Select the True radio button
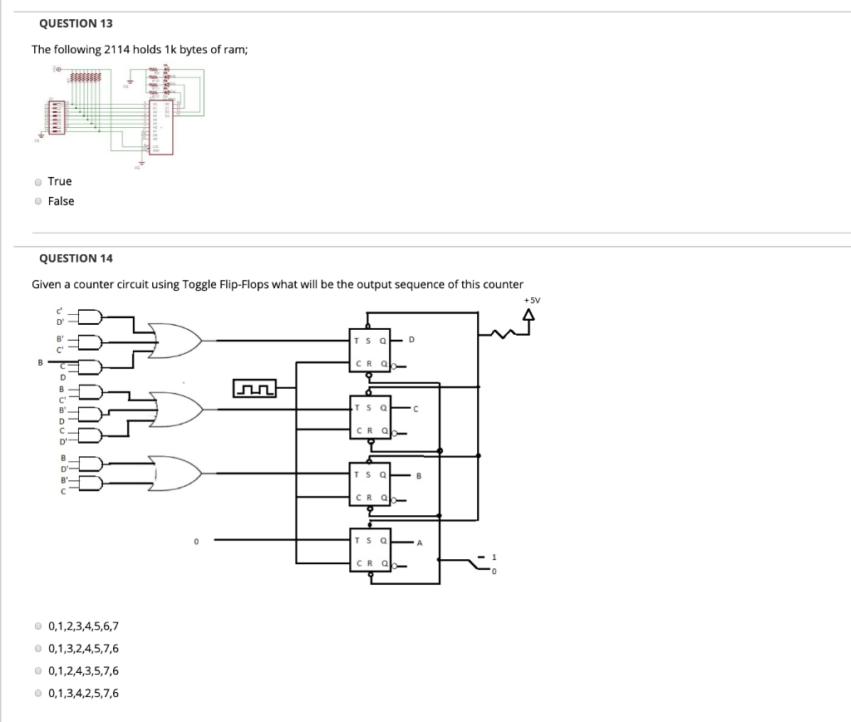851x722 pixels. (38, 181)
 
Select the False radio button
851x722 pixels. (38, 201)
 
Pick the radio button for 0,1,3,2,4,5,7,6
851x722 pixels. (38, 649)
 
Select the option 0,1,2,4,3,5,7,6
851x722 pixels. (38, 671)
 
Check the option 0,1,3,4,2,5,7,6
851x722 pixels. (38, 693)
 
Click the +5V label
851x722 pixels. (532, 301)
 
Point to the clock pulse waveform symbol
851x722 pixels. (254, 388)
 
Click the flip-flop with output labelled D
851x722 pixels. (370, 351)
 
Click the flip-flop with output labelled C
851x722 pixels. (370, 418)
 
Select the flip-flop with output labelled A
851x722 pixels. (370, 551)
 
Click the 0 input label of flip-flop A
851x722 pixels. (196, 542)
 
